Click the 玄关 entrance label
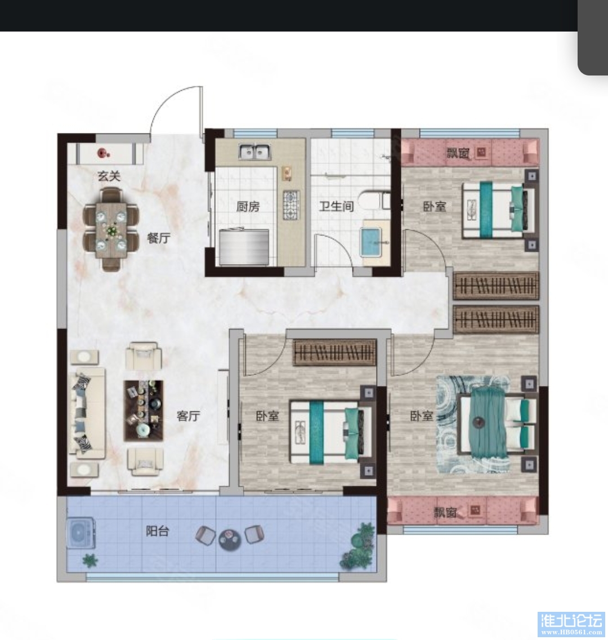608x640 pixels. [x=109, y=176]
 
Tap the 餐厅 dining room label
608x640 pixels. [x=159, y=238]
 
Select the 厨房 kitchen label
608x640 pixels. [x=248, y=207]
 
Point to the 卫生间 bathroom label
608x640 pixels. [x=337, y=206]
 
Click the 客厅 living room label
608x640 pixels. [x=188, y=416]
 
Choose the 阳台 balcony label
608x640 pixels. [x=158, y=531]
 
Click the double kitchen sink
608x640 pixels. [x=254, y=152]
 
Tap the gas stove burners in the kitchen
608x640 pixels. [x=291, y=205]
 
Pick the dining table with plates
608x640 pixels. [x=111, y=230]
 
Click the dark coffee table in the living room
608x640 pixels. [x=144, y=411]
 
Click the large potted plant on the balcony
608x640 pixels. [x=358, y=546]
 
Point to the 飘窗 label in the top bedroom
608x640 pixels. [x=458, y=153]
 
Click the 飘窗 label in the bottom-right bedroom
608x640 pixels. [x=445, y=512]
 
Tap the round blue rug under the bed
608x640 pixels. [x=473, y=424]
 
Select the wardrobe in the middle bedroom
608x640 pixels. [x=334, y=352]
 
